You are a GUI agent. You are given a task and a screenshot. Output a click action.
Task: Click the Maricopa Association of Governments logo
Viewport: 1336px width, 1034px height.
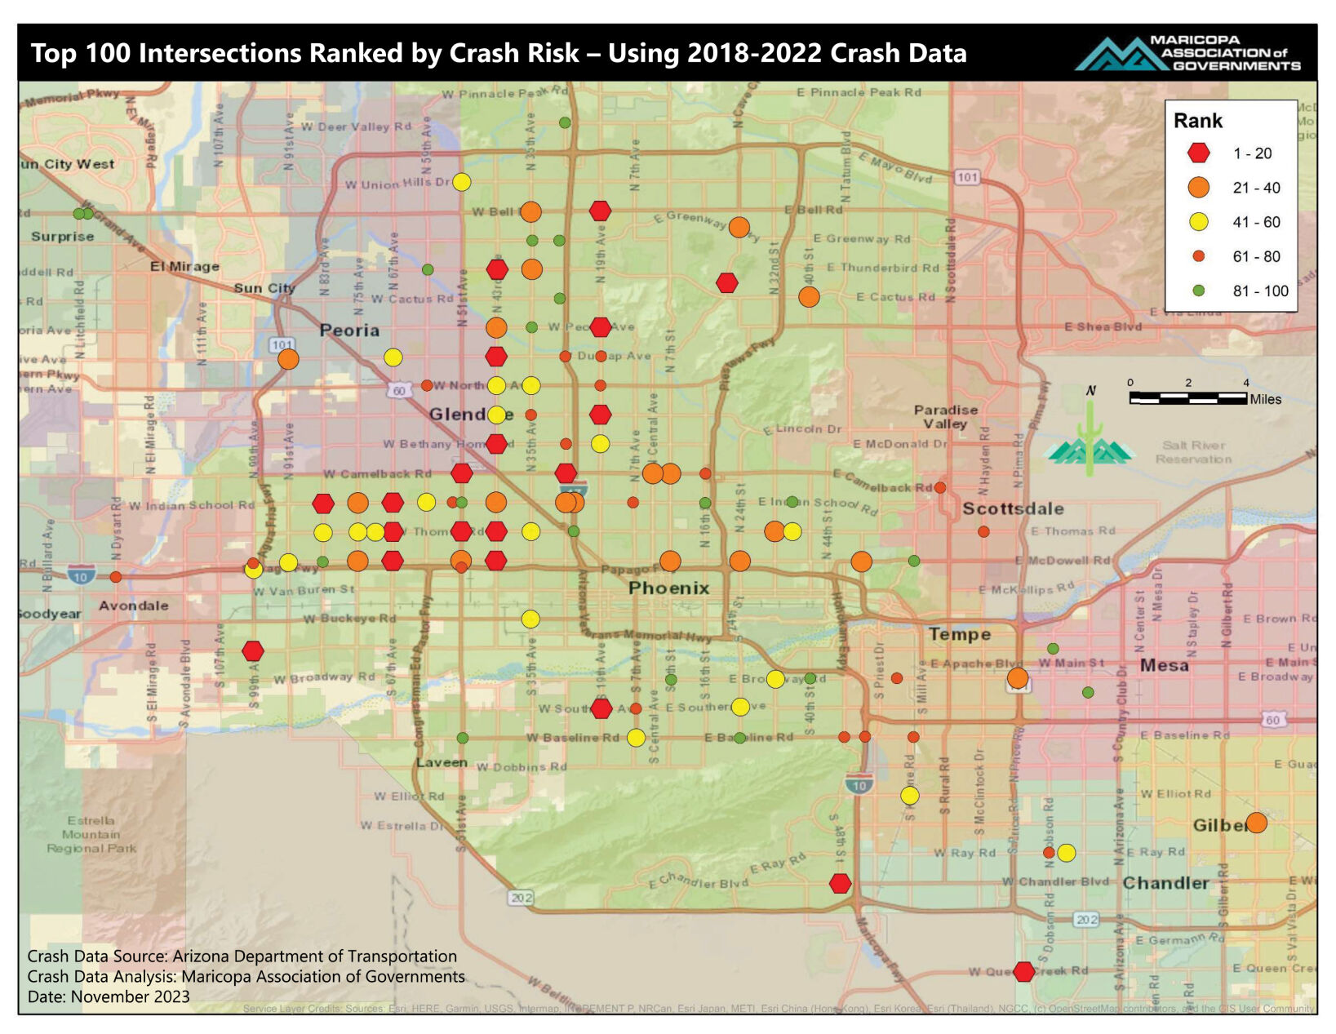(x=1188, y=53)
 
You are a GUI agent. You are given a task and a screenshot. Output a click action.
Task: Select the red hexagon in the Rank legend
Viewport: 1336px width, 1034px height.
(x=1198, y=153)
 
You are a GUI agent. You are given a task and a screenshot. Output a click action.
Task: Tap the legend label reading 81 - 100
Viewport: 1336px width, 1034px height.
(x=1260, y=291)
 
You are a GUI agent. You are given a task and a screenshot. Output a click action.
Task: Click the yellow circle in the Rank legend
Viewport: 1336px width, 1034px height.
(x=1198, y=222)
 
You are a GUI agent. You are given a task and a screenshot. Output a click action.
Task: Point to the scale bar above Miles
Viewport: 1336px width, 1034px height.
(x=1187, y=398)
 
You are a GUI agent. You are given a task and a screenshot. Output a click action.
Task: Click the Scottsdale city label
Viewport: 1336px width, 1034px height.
(x=1013, y=508)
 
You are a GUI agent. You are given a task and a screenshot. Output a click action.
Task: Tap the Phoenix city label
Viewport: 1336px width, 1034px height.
(x=668, y=588)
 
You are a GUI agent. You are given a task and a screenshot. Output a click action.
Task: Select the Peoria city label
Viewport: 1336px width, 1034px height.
(x=349, y=331)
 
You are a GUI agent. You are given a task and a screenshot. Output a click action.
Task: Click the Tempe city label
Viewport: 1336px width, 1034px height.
(x=959, y=634)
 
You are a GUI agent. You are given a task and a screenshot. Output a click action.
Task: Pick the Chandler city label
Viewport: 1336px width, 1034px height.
(x=1165, y=883)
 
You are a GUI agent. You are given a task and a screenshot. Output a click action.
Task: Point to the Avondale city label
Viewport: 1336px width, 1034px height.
(x=134, y=606)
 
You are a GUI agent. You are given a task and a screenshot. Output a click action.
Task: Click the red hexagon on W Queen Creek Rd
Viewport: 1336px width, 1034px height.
(x=1023, y=971)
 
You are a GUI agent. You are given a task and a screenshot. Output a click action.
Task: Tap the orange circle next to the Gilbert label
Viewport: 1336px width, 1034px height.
(x=1256, y=823)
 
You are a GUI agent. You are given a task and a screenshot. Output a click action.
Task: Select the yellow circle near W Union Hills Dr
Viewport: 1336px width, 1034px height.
(x=461, y=182)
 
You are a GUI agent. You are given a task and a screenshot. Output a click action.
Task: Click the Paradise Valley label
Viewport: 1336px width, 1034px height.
(x=945, y=416)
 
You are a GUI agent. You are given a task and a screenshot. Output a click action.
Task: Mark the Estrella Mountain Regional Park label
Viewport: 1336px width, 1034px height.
(x=91, y=834)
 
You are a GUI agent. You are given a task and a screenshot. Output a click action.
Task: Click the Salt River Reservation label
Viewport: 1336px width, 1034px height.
(x=1193, y=451)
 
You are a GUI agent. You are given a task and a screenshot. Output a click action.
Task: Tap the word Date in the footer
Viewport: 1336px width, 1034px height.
(x=47, y=996)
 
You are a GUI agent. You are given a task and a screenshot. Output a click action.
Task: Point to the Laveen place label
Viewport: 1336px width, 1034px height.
(x=442, y=762)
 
